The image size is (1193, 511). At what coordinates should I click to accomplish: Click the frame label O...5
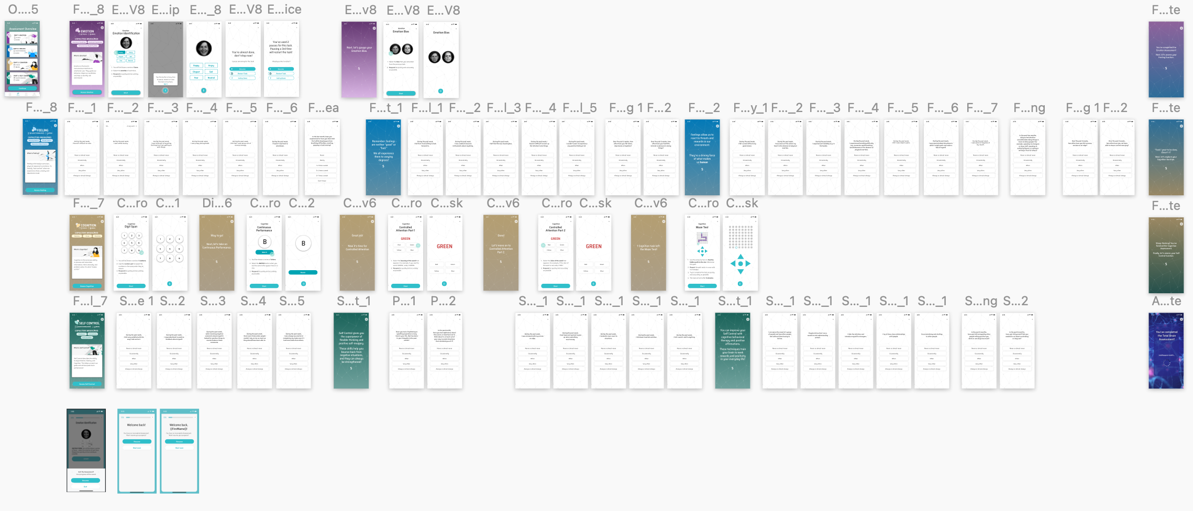23,9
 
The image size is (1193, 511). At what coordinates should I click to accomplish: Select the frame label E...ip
165,9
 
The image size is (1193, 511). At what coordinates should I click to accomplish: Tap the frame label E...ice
284,9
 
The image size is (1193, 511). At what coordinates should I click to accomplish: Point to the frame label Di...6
217,203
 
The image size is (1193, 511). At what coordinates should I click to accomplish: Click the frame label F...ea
323,108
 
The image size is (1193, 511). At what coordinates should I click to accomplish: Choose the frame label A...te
1166,301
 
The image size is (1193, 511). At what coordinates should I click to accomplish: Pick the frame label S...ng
981,301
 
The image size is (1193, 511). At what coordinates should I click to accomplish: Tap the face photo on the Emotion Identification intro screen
126,43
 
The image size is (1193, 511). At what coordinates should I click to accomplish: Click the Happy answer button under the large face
196,65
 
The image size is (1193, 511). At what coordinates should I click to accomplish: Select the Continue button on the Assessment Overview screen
22,88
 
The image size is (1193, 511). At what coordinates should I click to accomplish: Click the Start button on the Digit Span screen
131,286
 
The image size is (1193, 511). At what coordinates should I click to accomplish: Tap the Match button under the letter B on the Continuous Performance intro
264,252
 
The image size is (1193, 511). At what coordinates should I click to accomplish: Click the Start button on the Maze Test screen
702,286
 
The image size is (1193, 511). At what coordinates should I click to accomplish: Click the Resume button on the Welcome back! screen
137,441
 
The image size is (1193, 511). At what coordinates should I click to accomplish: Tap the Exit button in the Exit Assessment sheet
86,486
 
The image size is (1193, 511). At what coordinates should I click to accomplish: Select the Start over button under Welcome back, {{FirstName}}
179,448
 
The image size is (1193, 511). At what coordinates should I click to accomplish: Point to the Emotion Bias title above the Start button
401,31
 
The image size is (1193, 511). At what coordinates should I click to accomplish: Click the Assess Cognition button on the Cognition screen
87,286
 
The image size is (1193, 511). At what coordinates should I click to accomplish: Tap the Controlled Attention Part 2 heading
555,229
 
